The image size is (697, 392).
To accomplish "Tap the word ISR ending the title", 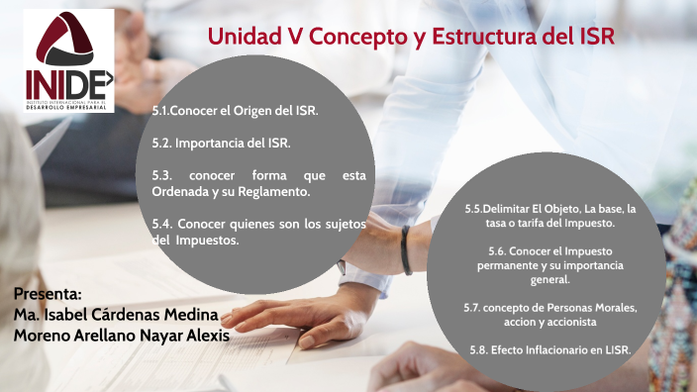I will [x=594, y=37].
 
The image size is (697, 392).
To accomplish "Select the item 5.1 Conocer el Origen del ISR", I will [x=235, y=112].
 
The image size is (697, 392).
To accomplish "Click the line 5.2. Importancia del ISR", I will [x=221, y=144].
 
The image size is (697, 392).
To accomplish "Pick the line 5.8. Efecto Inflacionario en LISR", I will [x=550, y=350].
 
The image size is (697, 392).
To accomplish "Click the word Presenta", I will [x=49, y=295].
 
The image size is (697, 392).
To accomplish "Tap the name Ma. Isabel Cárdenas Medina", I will [x=116, y=315].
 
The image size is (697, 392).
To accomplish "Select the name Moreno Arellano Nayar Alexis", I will [x=121, y=336].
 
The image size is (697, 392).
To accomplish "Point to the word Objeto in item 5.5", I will [x=558, y=211].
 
